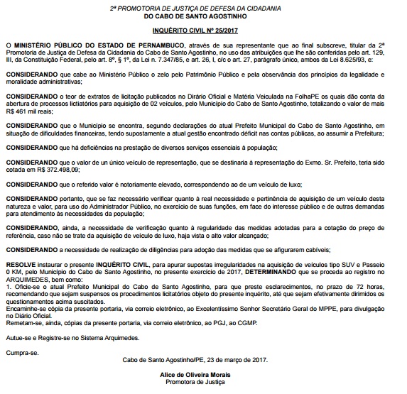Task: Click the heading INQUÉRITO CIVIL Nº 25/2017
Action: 204,32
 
